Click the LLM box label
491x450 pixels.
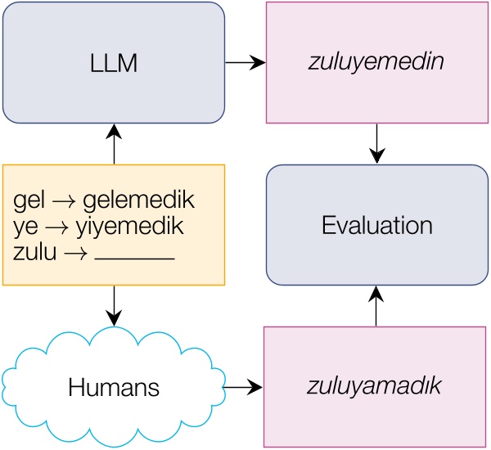pyautogui.click(x=113, y=62)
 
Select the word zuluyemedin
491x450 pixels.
pyautogui.click(x=376, y=62)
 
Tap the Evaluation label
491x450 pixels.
pyautogui.click(x=376, y=225)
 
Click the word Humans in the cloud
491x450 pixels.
pyautogui.click(x=113, y=385)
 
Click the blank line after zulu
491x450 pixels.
pyautogui.click(x=135, y=259)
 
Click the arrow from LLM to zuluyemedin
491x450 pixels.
pyautogui.click(x=245, y=62)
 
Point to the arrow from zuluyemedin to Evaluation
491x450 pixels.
pyautogui.click(x=376, y=144)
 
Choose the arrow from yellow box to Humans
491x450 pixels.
pyautogui.click(x=114, y=305)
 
